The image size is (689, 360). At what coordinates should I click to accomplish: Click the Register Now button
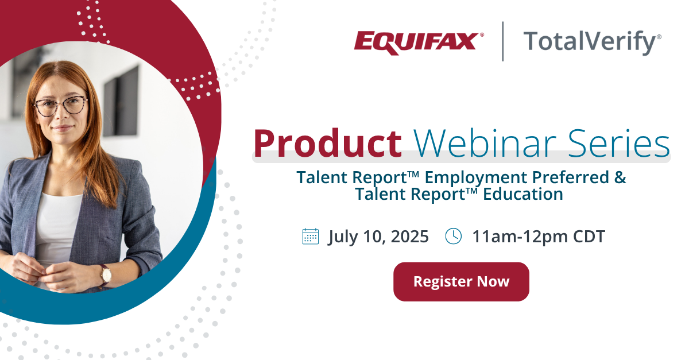(x=461, y=281)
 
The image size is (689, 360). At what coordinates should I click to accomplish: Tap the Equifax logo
(x=419, y=43)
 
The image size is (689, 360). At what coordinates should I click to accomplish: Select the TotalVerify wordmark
(x=592, y=42)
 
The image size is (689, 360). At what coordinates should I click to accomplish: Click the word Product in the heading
(x=328, y=144)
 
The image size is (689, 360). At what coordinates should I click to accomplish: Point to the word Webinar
(x=485, y=143)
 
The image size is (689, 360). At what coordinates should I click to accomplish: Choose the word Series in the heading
(x=619, y=144)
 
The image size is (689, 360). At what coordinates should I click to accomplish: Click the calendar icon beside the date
(x=311, y=237)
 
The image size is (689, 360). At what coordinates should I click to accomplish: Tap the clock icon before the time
(x=454, y=237)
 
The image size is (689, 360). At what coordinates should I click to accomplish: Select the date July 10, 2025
(x=378, y=237)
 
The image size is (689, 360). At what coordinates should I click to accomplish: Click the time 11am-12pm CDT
(x=539, y=237)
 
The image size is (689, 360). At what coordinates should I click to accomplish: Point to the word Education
(x=523, y=194)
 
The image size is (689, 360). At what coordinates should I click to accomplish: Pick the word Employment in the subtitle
(x=476, y=178)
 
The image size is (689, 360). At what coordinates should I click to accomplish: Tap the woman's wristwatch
(x=106, y=275)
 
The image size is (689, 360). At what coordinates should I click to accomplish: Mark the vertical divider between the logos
(x=503, y=41)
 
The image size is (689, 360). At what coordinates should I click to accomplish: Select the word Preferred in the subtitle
(x=571, y=177)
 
